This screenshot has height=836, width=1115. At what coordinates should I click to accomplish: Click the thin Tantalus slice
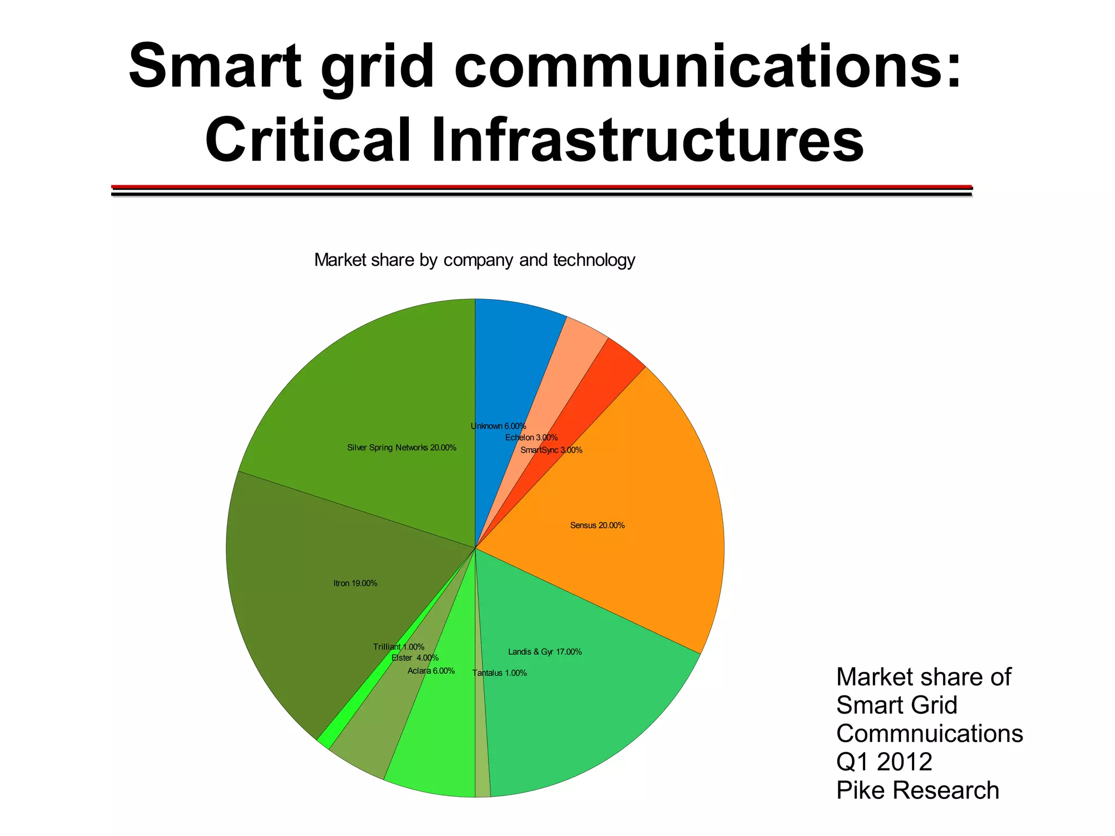tap(482, 762)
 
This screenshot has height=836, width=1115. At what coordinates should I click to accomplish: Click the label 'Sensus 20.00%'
tap(597, 526)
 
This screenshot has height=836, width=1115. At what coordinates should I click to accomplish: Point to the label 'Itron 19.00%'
tap(355, 583)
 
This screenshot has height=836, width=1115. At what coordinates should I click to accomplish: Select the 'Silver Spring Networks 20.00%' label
tap(402, 448)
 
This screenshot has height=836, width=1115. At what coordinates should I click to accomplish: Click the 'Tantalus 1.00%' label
tap(499, 673)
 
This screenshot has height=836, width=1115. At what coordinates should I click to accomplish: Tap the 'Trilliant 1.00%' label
tap(399, 647)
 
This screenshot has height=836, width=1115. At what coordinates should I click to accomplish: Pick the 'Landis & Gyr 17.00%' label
tap(545, 652)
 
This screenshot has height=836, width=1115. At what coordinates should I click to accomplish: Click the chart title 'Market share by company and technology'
tap(475, 260)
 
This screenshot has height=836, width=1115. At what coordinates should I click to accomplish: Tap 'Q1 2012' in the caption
tap(884, 761)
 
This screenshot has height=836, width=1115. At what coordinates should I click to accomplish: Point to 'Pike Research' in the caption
tap(917, 790)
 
